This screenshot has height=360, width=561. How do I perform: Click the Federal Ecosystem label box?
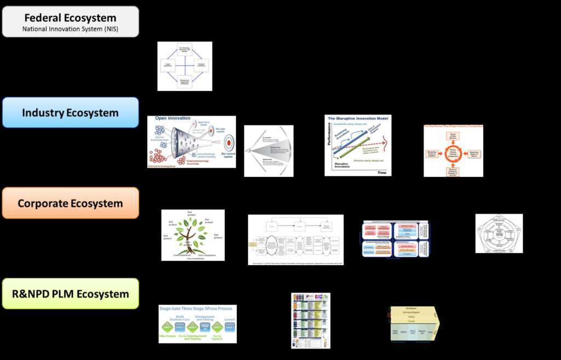point(70,21)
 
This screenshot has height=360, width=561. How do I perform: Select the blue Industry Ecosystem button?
point(70,113)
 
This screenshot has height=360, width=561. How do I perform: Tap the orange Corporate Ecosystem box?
point(70,203)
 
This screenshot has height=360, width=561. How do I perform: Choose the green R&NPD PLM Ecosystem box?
point(70,294)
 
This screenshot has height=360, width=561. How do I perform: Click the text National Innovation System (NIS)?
point(70,28)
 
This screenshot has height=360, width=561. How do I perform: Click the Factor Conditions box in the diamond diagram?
point(166,66)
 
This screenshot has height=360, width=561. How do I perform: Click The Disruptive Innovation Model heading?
point(358,119)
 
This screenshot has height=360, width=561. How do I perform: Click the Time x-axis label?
point(381,172)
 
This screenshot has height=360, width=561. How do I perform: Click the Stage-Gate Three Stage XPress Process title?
point(197,309)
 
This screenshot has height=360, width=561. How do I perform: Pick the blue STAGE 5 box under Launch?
point(230,327)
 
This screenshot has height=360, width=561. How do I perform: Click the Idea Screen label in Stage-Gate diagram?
point(168,335)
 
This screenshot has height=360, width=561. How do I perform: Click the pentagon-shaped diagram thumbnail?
point(499,233)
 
